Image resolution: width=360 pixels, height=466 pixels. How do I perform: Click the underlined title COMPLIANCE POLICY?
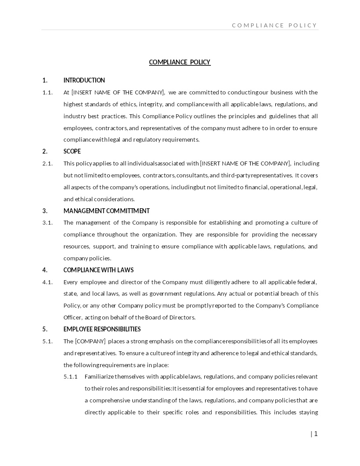(180, 62)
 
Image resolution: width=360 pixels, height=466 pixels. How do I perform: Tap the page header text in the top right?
(274, 25)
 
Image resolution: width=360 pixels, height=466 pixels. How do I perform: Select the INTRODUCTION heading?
(84, 80)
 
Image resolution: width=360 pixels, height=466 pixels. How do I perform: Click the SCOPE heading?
(72, 151)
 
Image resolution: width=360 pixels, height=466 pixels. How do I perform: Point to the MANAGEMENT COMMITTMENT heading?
(106, 211)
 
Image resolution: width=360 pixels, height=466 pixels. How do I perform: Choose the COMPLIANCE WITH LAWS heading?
(98, 270)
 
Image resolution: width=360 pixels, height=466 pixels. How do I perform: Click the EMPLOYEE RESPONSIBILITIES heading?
(102, 329)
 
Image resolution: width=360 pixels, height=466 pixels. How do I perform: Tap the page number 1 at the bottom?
(315, 434)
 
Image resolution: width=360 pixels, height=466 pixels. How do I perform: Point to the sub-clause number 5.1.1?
(71, 376)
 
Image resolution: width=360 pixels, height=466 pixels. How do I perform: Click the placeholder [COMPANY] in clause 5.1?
(90, 341)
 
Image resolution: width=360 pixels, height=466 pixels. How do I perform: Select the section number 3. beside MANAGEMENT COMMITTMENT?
(45, 211)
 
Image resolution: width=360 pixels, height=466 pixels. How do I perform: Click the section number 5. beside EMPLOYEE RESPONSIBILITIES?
(45, 329)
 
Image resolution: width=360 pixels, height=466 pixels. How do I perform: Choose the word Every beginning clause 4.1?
(71, 282)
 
